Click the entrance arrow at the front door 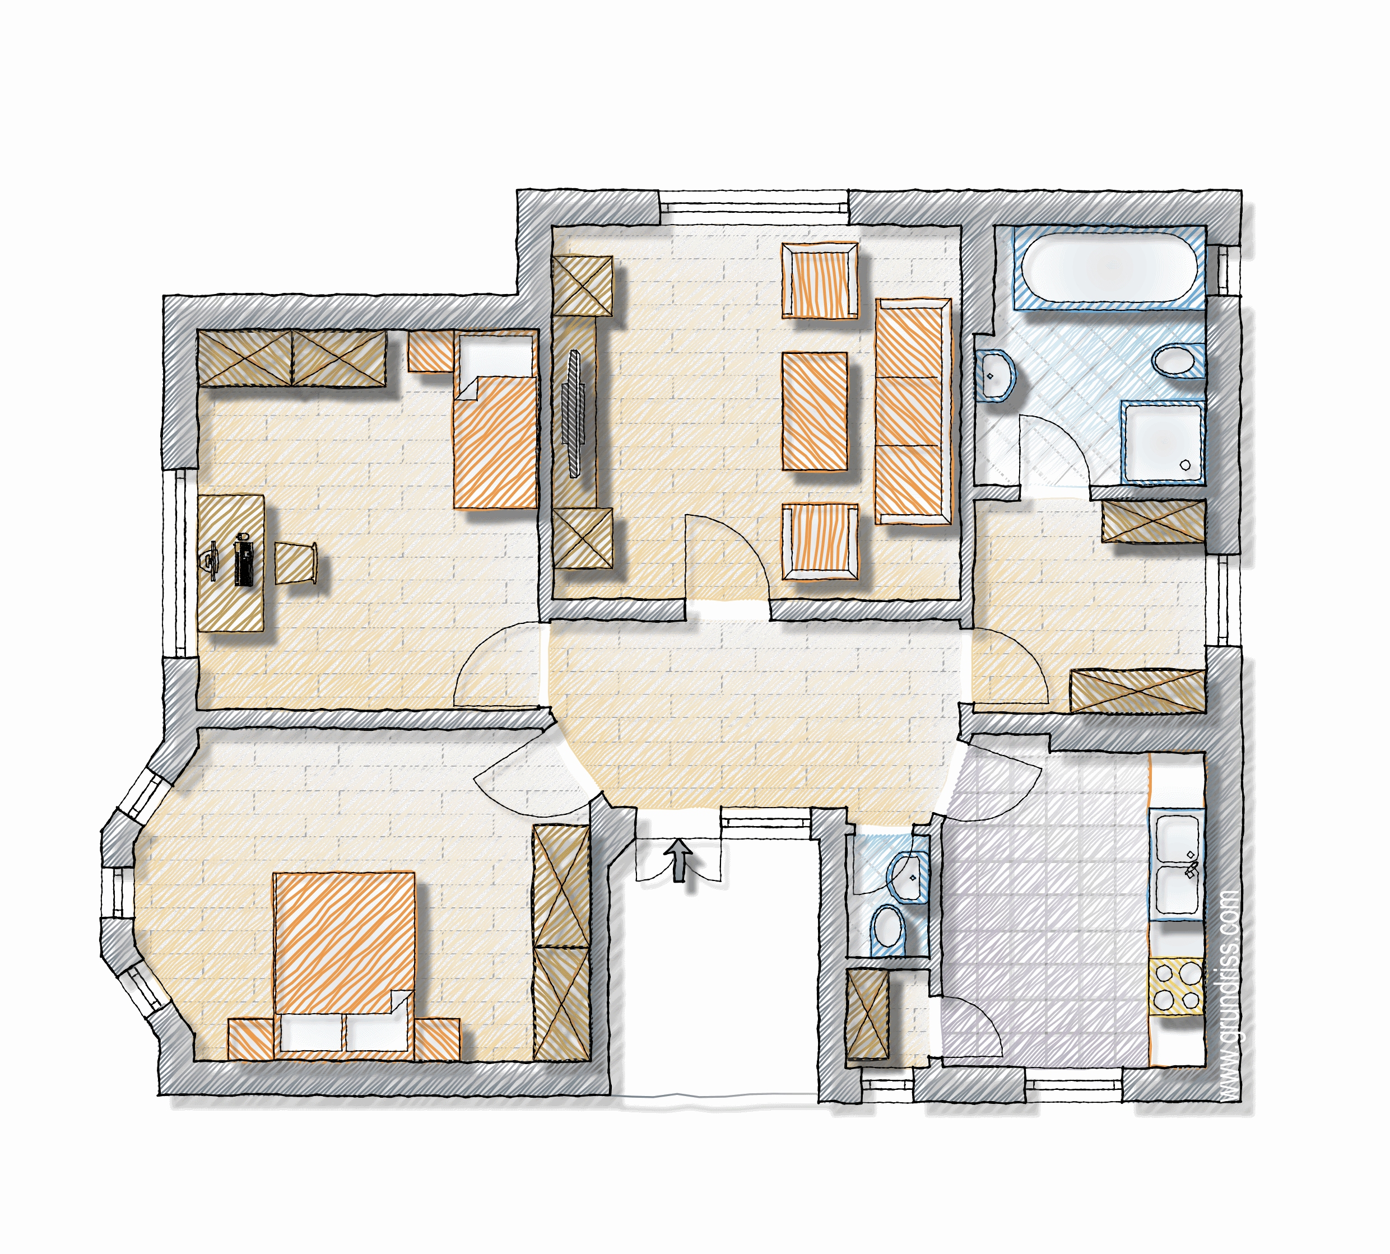680,860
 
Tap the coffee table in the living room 815,411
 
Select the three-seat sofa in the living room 913,411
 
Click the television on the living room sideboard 573,413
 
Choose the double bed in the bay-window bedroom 344,964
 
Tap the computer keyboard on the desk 243,560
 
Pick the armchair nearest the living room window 820,279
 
